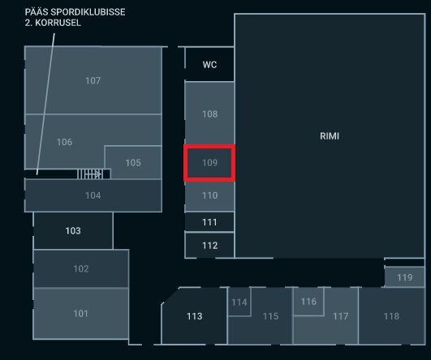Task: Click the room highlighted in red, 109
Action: pos(209,163)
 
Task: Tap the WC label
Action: pos(209,65)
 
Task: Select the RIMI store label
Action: pos(330,136)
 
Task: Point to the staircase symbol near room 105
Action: pos(89,174)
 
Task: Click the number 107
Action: pos(93,80)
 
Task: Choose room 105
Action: pos(133,162)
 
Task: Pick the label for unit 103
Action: pos(73,230)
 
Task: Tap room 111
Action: pos(209,222)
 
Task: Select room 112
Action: pos(209,245)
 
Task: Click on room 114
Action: pos(239,302)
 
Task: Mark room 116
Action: pos(308,302)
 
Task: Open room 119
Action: pos(404,277)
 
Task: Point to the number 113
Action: pos(195,316)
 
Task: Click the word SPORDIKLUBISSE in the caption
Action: pos(88,12)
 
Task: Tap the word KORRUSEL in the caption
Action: pos(58,23)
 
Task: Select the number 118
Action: pos(391,316)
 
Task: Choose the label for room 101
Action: pos(81,313)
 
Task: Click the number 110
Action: pos(209,195)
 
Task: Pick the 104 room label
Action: pos(93,195)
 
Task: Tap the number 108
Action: pos(209,114)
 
